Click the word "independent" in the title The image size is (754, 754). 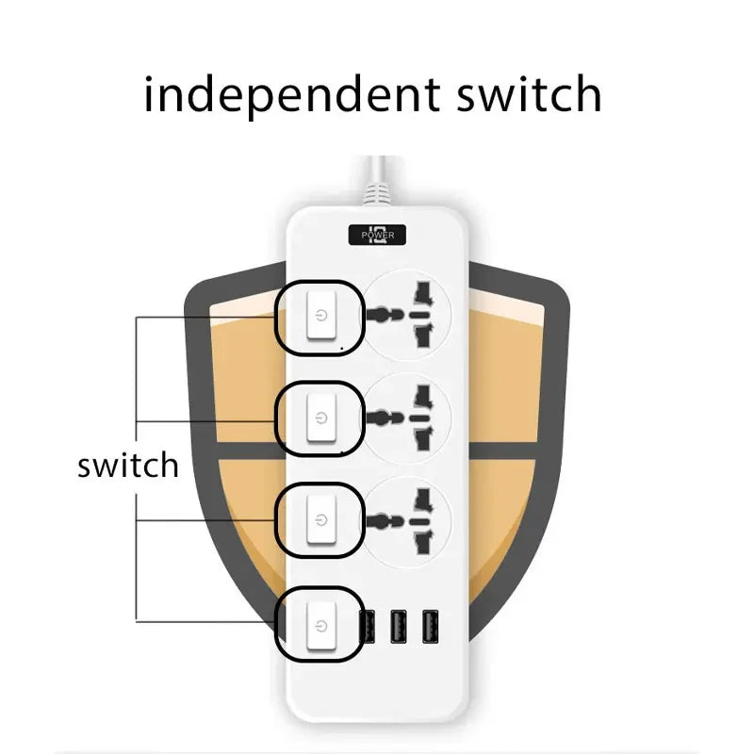292,95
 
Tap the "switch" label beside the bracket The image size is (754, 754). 128,465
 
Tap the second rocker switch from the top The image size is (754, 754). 321,418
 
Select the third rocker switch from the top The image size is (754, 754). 321,519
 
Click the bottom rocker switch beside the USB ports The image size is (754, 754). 320,625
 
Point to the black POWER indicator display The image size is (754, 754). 378,235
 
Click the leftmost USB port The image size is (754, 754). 368,627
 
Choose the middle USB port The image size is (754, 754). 398,627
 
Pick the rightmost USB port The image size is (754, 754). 430,627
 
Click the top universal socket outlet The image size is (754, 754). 406,315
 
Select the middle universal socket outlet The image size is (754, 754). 406,418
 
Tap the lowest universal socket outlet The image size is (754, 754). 406,521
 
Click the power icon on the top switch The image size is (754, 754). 321,316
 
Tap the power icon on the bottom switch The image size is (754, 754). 321,626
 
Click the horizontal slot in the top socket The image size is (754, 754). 419,315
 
